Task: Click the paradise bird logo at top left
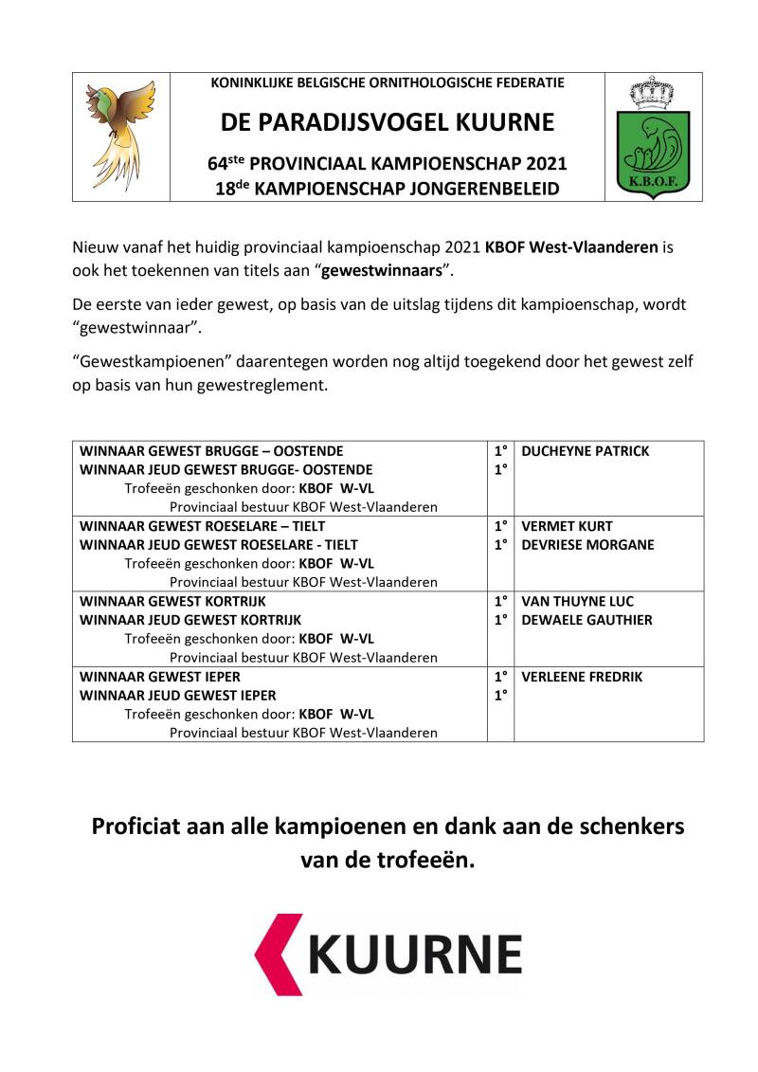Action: pos(121,135)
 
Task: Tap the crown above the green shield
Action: pos(653,93)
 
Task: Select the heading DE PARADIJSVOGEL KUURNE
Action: pos(388,123)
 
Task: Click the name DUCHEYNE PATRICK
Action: pos(586,451)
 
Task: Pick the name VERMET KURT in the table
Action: pos(568,526)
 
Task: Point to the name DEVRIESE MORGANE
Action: pos(587,545)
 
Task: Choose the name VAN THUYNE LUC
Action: pos(578,602)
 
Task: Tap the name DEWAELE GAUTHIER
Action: pos(587,620)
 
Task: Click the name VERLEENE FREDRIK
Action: pos(583,677)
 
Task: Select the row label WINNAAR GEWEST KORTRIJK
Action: pos(172,602)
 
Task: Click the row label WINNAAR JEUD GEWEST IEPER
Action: pos(178,696)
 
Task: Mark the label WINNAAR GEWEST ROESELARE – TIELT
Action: pos(203,526)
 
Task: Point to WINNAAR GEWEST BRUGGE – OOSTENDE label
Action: pos(211,451)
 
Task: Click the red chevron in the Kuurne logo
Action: pos(281,954)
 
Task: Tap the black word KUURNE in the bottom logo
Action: pos(415,954)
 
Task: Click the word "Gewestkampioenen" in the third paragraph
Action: pos(141,362)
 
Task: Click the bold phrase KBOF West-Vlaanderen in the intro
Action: pos(571,248)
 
